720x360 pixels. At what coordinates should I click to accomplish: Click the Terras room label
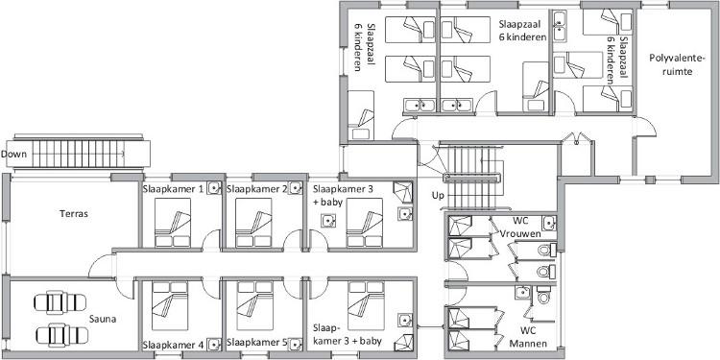tap(74, 213)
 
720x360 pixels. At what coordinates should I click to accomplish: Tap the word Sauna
tap(103, 319)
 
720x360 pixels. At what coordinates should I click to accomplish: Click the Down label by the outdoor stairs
tap(13, 154)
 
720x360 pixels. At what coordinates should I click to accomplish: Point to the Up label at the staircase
tap(438, 195)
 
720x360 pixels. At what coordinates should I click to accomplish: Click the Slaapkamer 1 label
tap(174, 188)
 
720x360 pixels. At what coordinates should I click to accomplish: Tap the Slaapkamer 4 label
tap(174, 344)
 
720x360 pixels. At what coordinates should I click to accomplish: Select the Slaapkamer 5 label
tap(257, 343)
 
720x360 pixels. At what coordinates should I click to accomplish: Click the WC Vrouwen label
tap(526, 227)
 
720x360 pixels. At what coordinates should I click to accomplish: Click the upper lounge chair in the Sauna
tap(60, 302)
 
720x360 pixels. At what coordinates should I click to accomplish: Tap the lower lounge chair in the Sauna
tap(60, 334)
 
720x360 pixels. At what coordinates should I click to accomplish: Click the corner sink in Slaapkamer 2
tap(296, 187)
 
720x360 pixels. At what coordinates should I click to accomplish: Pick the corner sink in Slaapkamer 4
tap(213, 344)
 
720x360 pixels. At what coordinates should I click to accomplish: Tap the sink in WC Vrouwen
tap(549, 224)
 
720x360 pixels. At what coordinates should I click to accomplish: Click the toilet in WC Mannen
tap(543, 296)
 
